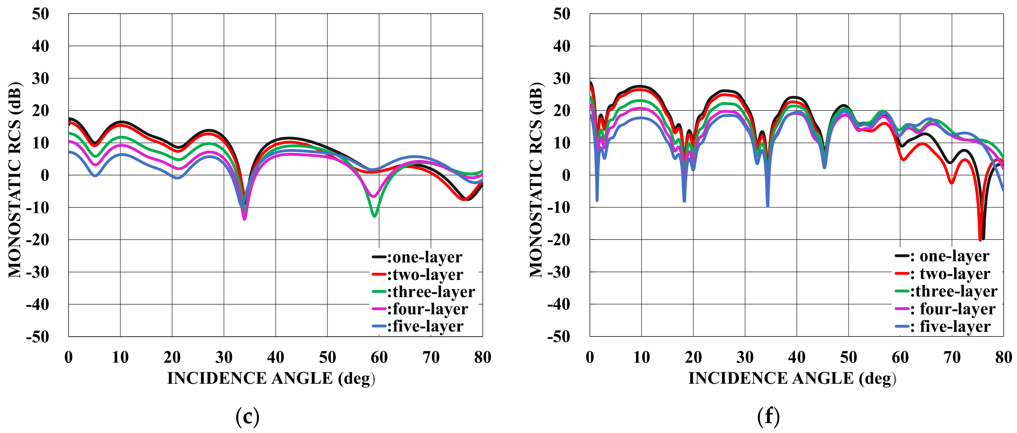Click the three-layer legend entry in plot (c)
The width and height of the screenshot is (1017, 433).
tap(424, 292)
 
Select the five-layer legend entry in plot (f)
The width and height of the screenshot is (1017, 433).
tap(943, 327)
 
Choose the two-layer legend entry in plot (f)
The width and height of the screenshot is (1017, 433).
tap(943, 274)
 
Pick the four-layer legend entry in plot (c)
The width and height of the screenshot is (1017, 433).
tap(420, 309)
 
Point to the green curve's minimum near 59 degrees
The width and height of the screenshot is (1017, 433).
tap(374, 215)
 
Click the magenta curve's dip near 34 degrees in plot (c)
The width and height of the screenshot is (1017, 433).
tap(244, 218)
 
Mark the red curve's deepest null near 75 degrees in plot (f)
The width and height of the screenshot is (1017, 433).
tap(980, 239)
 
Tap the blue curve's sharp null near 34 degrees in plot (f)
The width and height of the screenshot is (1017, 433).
tap(768, 205)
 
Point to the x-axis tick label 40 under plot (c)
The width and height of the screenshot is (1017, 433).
tap(276, 357)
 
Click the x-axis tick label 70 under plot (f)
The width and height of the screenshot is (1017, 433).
tap(952, 357)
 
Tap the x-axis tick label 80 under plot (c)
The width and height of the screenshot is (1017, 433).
tap(483, 357)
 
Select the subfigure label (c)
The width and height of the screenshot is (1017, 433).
tap(247, 416)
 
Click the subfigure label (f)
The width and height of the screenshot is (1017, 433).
tap(768, 416)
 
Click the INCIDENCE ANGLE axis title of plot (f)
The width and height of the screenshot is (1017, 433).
tap(792, 378)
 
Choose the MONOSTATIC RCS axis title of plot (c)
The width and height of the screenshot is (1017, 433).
tap(15, 180)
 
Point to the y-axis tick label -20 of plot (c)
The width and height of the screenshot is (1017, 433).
tap(38, 240)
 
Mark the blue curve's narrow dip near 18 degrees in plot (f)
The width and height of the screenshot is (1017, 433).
tap(684, 201)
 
